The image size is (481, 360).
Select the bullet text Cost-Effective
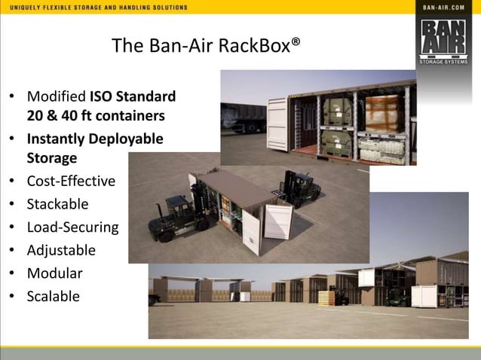(x=71, y=181)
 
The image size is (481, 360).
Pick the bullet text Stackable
(x=57, y=204)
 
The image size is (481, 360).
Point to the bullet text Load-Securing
(x=72, y=227)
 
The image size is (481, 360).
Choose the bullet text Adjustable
(x=61, y=250)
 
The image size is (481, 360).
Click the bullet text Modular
(x=54, y=273)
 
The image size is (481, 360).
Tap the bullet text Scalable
(x=53, y=296)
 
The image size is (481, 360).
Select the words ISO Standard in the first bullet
(x=133, y=96)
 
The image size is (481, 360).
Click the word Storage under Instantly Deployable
(x=52, y=157)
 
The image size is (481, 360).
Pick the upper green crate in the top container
(x=336, y=110)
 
